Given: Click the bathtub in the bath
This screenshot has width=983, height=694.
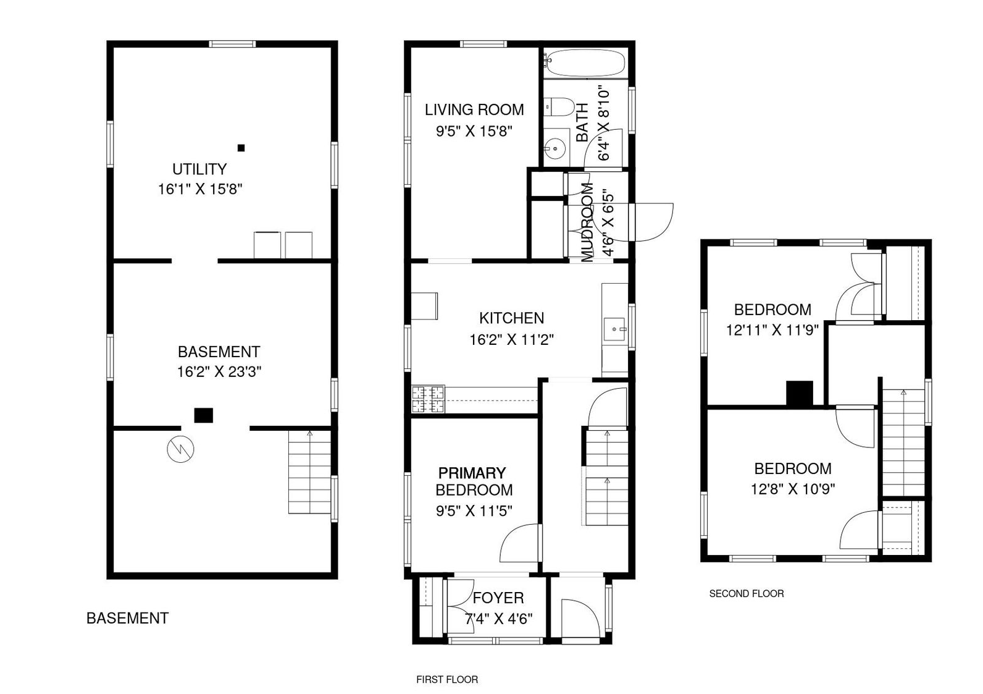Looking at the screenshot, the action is point(586,63).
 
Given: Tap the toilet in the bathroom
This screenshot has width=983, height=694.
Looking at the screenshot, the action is point(559,107).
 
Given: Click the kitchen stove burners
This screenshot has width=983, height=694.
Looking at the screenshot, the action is point(428,399).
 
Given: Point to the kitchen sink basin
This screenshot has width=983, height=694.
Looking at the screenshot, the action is point(614,329).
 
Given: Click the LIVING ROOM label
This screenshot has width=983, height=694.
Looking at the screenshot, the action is point(474,109).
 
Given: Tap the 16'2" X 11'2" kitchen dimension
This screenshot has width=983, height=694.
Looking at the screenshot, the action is point(512,339).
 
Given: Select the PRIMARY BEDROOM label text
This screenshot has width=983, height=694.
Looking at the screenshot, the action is point(474,481).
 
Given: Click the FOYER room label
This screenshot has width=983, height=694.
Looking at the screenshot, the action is point(498,598).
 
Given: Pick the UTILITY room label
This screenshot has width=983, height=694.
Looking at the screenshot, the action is point(199,169).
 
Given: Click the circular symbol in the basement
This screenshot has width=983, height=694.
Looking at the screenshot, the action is point(180,449).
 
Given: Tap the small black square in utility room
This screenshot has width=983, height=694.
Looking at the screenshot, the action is point(241,148).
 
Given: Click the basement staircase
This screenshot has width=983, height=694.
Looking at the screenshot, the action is point(309,472).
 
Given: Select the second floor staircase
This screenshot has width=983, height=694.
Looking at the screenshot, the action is point(903,442).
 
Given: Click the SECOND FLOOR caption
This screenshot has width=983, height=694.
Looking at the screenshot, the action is point(747,593).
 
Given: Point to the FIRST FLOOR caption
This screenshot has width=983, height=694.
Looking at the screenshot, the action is point(447,680).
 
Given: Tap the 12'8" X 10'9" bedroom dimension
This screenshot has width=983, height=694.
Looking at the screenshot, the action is point(793,489).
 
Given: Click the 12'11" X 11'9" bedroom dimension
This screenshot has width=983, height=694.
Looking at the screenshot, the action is point(772,330).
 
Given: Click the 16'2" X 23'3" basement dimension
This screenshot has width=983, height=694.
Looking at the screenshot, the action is point(219,371).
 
